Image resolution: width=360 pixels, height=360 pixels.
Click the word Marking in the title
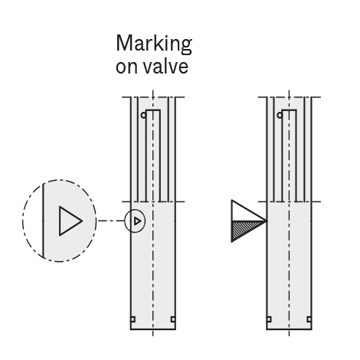pos(154,44)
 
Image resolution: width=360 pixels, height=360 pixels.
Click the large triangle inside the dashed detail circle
pos(70,221)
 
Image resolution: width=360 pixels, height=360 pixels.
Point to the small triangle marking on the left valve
pos(137,221)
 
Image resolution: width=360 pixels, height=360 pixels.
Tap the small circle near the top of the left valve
pos(144,115)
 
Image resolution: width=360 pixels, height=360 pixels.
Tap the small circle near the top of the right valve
pos(280,115)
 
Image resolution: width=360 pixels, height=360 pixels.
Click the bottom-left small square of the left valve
pos(133,319)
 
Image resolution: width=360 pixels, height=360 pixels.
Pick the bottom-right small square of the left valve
pos(173,319)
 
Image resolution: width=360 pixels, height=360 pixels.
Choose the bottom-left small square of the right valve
pos(269,319)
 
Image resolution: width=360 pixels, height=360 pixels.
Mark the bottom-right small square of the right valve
pos(309,319)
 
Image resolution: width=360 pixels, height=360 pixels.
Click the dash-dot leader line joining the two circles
pos(111,221)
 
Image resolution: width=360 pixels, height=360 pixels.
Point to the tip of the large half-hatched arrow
pos(267,221)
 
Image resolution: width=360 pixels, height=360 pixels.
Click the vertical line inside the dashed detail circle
pos(44,221)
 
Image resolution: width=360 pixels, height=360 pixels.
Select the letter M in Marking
pos(124,43)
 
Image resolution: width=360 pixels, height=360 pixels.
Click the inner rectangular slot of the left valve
pos(153,155)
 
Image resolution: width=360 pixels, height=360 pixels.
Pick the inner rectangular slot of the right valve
pos(290,155)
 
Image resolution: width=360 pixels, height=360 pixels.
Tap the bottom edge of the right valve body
pos(289,329)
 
